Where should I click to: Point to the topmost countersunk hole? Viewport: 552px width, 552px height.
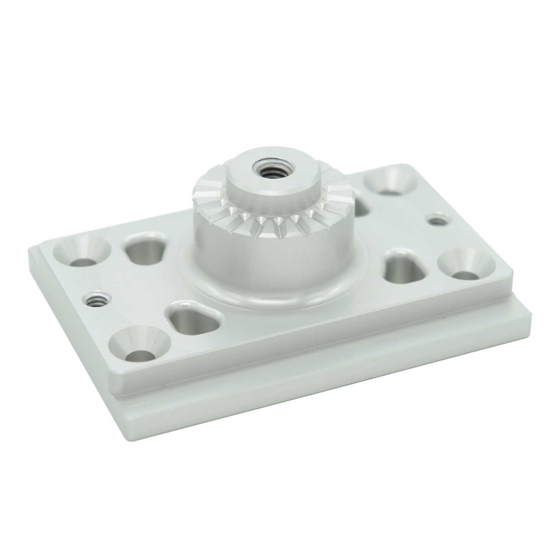point(391,180)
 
